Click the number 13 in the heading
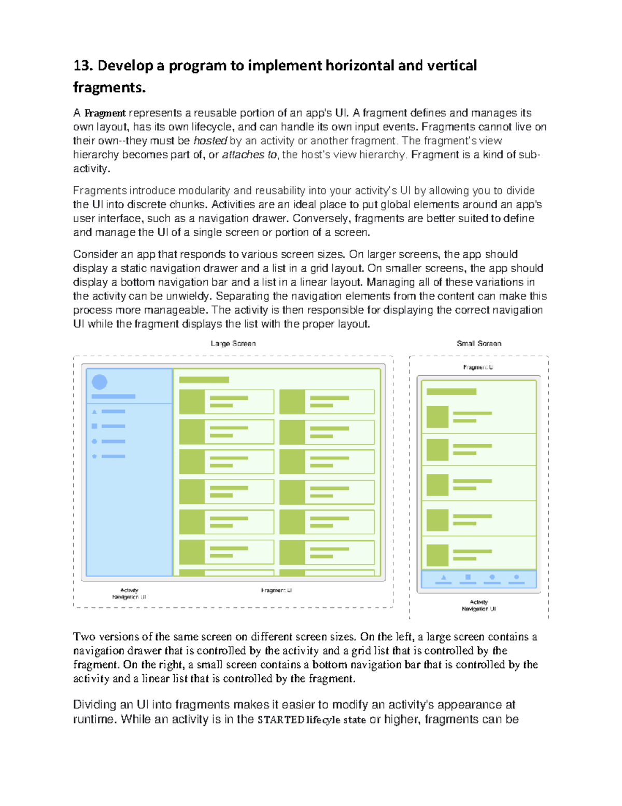click(82, 66)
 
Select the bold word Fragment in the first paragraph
click(105, 113)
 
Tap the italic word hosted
click(210, 141)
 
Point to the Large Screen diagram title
click(233, 344)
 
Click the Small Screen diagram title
click(479, 344)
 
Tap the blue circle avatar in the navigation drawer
click(100, 382)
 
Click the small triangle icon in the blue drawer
click(94, 412)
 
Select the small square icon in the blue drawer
click(94, 426)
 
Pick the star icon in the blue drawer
click(94, 456)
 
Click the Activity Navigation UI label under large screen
click(129, 594)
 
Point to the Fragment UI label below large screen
click(277, 591)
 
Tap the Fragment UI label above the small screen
click(478, 367)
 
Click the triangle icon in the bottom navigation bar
click(444, 577)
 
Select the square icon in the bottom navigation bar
click(468, 577)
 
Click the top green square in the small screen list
click(437, 417)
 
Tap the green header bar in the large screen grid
click(204, 380)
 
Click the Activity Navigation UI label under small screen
click(479, 606)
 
